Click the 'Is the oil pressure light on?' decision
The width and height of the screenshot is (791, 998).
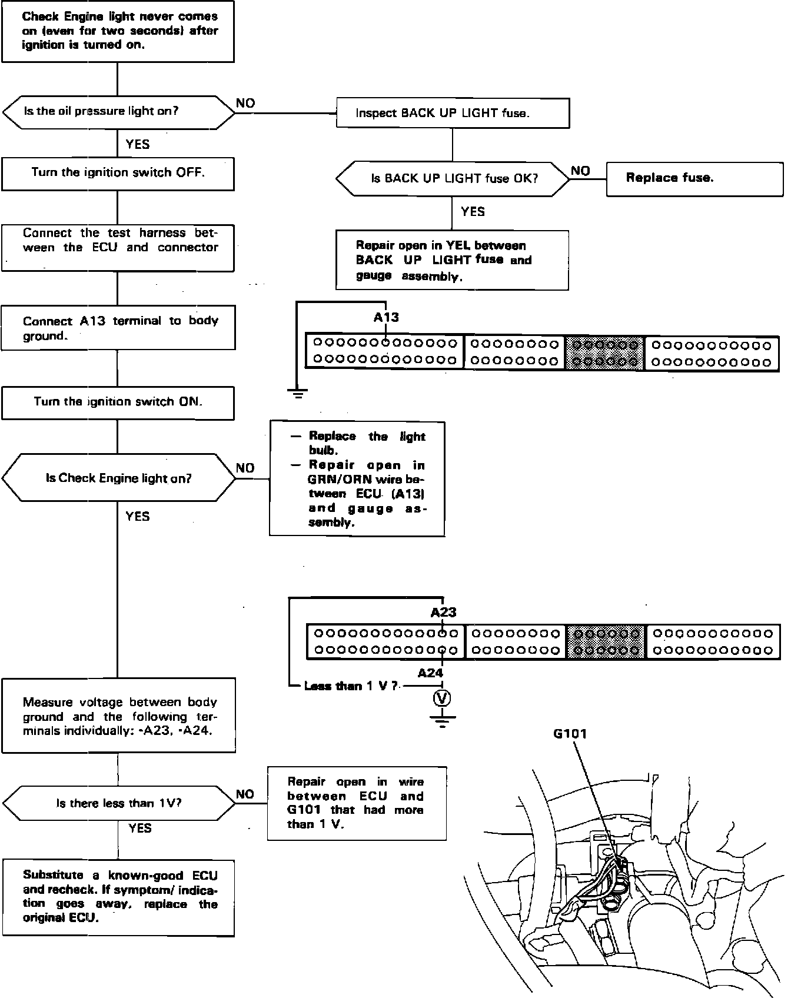coord(118,111)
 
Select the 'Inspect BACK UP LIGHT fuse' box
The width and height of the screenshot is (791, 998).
coord(452,113)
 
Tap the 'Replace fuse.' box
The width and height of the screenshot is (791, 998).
coord(694,178)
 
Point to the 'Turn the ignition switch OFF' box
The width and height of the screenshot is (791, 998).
coord(118,173)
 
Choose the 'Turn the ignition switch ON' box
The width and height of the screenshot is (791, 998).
coord(118,402)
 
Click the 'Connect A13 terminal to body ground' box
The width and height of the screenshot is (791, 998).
coord(118,328)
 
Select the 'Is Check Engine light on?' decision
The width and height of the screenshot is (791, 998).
coord(118,478)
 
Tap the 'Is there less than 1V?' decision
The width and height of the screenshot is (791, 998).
coord(118,803)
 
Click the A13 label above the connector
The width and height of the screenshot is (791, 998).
coord(386,318)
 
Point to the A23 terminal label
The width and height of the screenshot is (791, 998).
coord(443,613)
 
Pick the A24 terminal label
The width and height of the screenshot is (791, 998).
coord(430,673)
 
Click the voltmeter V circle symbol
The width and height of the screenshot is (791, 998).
coord(442,698)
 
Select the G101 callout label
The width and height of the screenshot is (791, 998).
coord(570,734)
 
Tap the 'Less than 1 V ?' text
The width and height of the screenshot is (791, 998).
coord(351,686)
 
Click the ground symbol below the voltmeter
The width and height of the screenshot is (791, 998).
coord(442,720)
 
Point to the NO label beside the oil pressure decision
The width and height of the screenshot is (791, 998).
coord(245,104)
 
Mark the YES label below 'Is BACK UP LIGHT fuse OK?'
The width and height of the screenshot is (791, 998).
coord(473,212)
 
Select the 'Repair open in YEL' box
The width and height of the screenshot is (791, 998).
coord(452,260)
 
